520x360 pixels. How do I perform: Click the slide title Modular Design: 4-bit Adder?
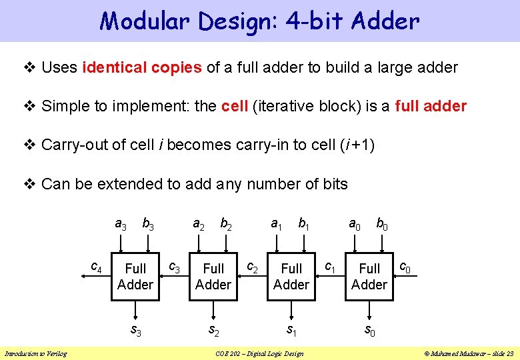click(259, 21)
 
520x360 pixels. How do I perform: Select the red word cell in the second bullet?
click(235, 106)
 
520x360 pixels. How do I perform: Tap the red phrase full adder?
click(431, 106)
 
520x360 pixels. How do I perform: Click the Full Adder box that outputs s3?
click(135, 277)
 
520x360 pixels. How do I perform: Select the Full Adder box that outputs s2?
click(213, 277)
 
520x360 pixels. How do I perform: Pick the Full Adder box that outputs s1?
click(291, 277)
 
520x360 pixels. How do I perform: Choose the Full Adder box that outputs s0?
click(369, 277)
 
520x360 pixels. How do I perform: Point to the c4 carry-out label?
click(96, 268)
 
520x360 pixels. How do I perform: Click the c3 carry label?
click(174, 268)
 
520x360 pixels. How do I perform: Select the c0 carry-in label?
click(405, 268)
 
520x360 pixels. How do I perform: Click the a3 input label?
click(121, 225)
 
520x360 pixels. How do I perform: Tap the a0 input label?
click(355, 225)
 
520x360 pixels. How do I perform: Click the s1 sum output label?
click(291, 329)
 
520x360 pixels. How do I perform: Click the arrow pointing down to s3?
click(135, 311)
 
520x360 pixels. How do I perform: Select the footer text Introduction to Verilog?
click(36, 353)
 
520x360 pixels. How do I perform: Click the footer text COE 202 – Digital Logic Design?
click(259, 353)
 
